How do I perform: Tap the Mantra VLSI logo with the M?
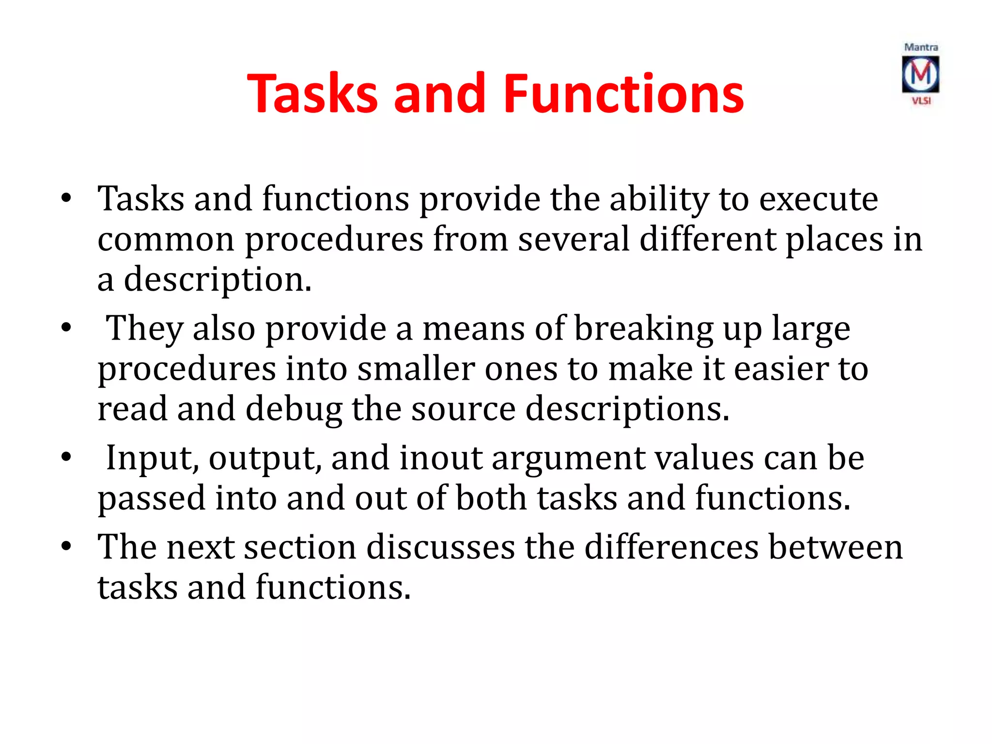click(x=920, y=75)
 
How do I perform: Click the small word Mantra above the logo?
click(x=921, y=47)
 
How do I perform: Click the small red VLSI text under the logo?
click(x=921, y=101)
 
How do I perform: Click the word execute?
click(x=818, y=199)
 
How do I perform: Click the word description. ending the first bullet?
click(x=217, y=280)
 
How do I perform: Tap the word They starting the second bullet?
click(x=144, y=329)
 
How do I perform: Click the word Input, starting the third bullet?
click(x=152, y=458)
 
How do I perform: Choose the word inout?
click(x=441, y=458)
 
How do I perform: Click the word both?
click(x=491, y=498)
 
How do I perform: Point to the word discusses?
click(x=440, y=547)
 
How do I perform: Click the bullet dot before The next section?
click(x=66, y=546)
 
